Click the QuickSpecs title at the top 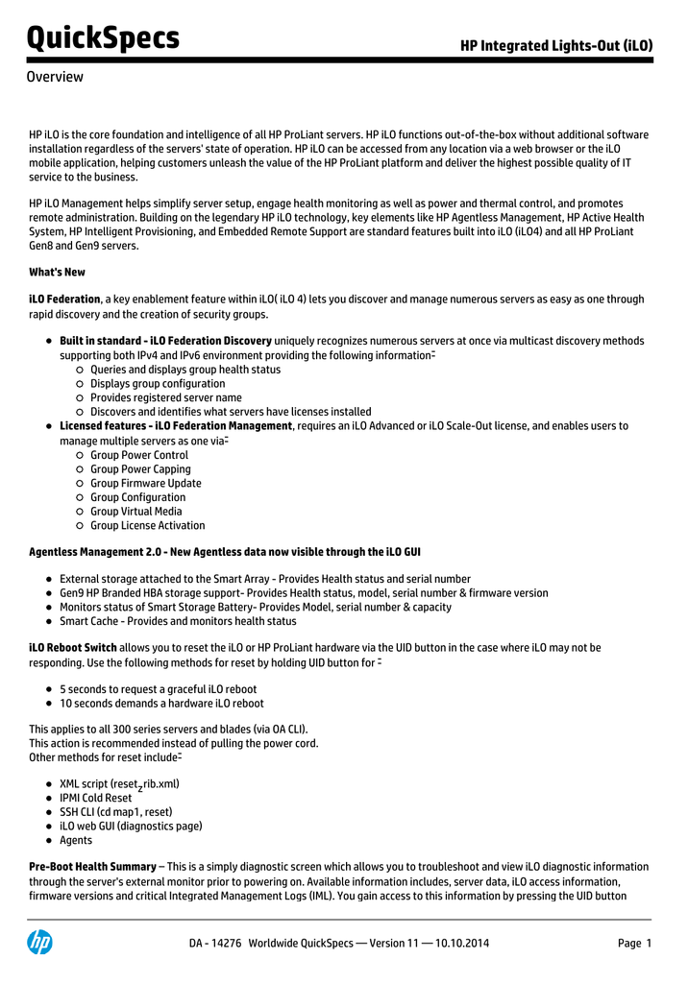[103, 38]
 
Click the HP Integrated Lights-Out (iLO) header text [555, 45]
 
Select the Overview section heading [55, 77]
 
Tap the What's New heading [57, 273]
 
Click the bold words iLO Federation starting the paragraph [64, 300]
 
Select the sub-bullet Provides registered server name [165, 397]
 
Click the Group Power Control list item [139, 455]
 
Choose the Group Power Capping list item [140, 469]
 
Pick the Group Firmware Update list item [145, 484]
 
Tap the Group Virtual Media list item [135, 512]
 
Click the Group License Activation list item [147, 526]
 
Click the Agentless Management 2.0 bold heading [224, 553]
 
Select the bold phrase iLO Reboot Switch [73, 648]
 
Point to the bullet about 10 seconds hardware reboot [161, 704]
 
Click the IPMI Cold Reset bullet [95, 798]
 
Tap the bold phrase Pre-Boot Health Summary [92, 867]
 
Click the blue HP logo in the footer [39, 944]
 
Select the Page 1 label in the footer [634, 944]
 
